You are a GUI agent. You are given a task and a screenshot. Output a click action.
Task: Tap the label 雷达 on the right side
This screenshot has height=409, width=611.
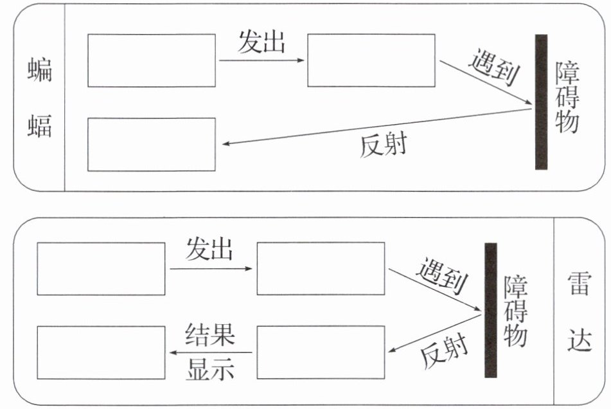pyautogui.click(x=578, y=311)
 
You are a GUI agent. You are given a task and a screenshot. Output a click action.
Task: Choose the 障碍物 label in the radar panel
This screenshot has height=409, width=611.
pyautogui.click(x=516, y=311)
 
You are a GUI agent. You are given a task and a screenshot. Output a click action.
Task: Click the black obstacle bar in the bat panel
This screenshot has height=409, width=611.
pyautogui.click(x=541, y=102)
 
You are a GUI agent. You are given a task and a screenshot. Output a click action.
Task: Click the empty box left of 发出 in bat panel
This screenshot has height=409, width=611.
pyautogui.click(x=151, y=60)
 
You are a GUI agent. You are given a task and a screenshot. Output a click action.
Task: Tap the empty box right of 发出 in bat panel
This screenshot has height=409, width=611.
pyautogui.click(x=371, y=60)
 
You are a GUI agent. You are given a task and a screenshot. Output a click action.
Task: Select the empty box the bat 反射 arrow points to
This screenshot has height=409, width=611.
pyautogui.click(x=151, y=145)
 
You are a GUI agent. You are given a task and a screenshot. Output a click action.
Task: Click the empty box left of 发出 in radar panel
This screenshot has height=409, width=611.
pyautogui.click(x=101, y=269)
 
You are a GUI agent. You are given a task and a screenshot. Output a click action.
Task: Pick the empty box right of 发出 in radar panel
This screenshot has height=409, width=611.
pyautogui.click(x=321, y=269)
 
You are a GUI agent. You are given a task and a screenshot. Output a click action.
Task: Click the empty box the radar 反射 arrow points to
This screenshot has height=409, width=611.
pyautogui.click(x=321, y=352)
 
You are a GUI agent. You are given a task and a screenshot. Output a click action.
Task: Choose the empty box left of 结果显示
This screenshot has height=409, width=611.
pyautogui.click(x=101, y=352)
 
